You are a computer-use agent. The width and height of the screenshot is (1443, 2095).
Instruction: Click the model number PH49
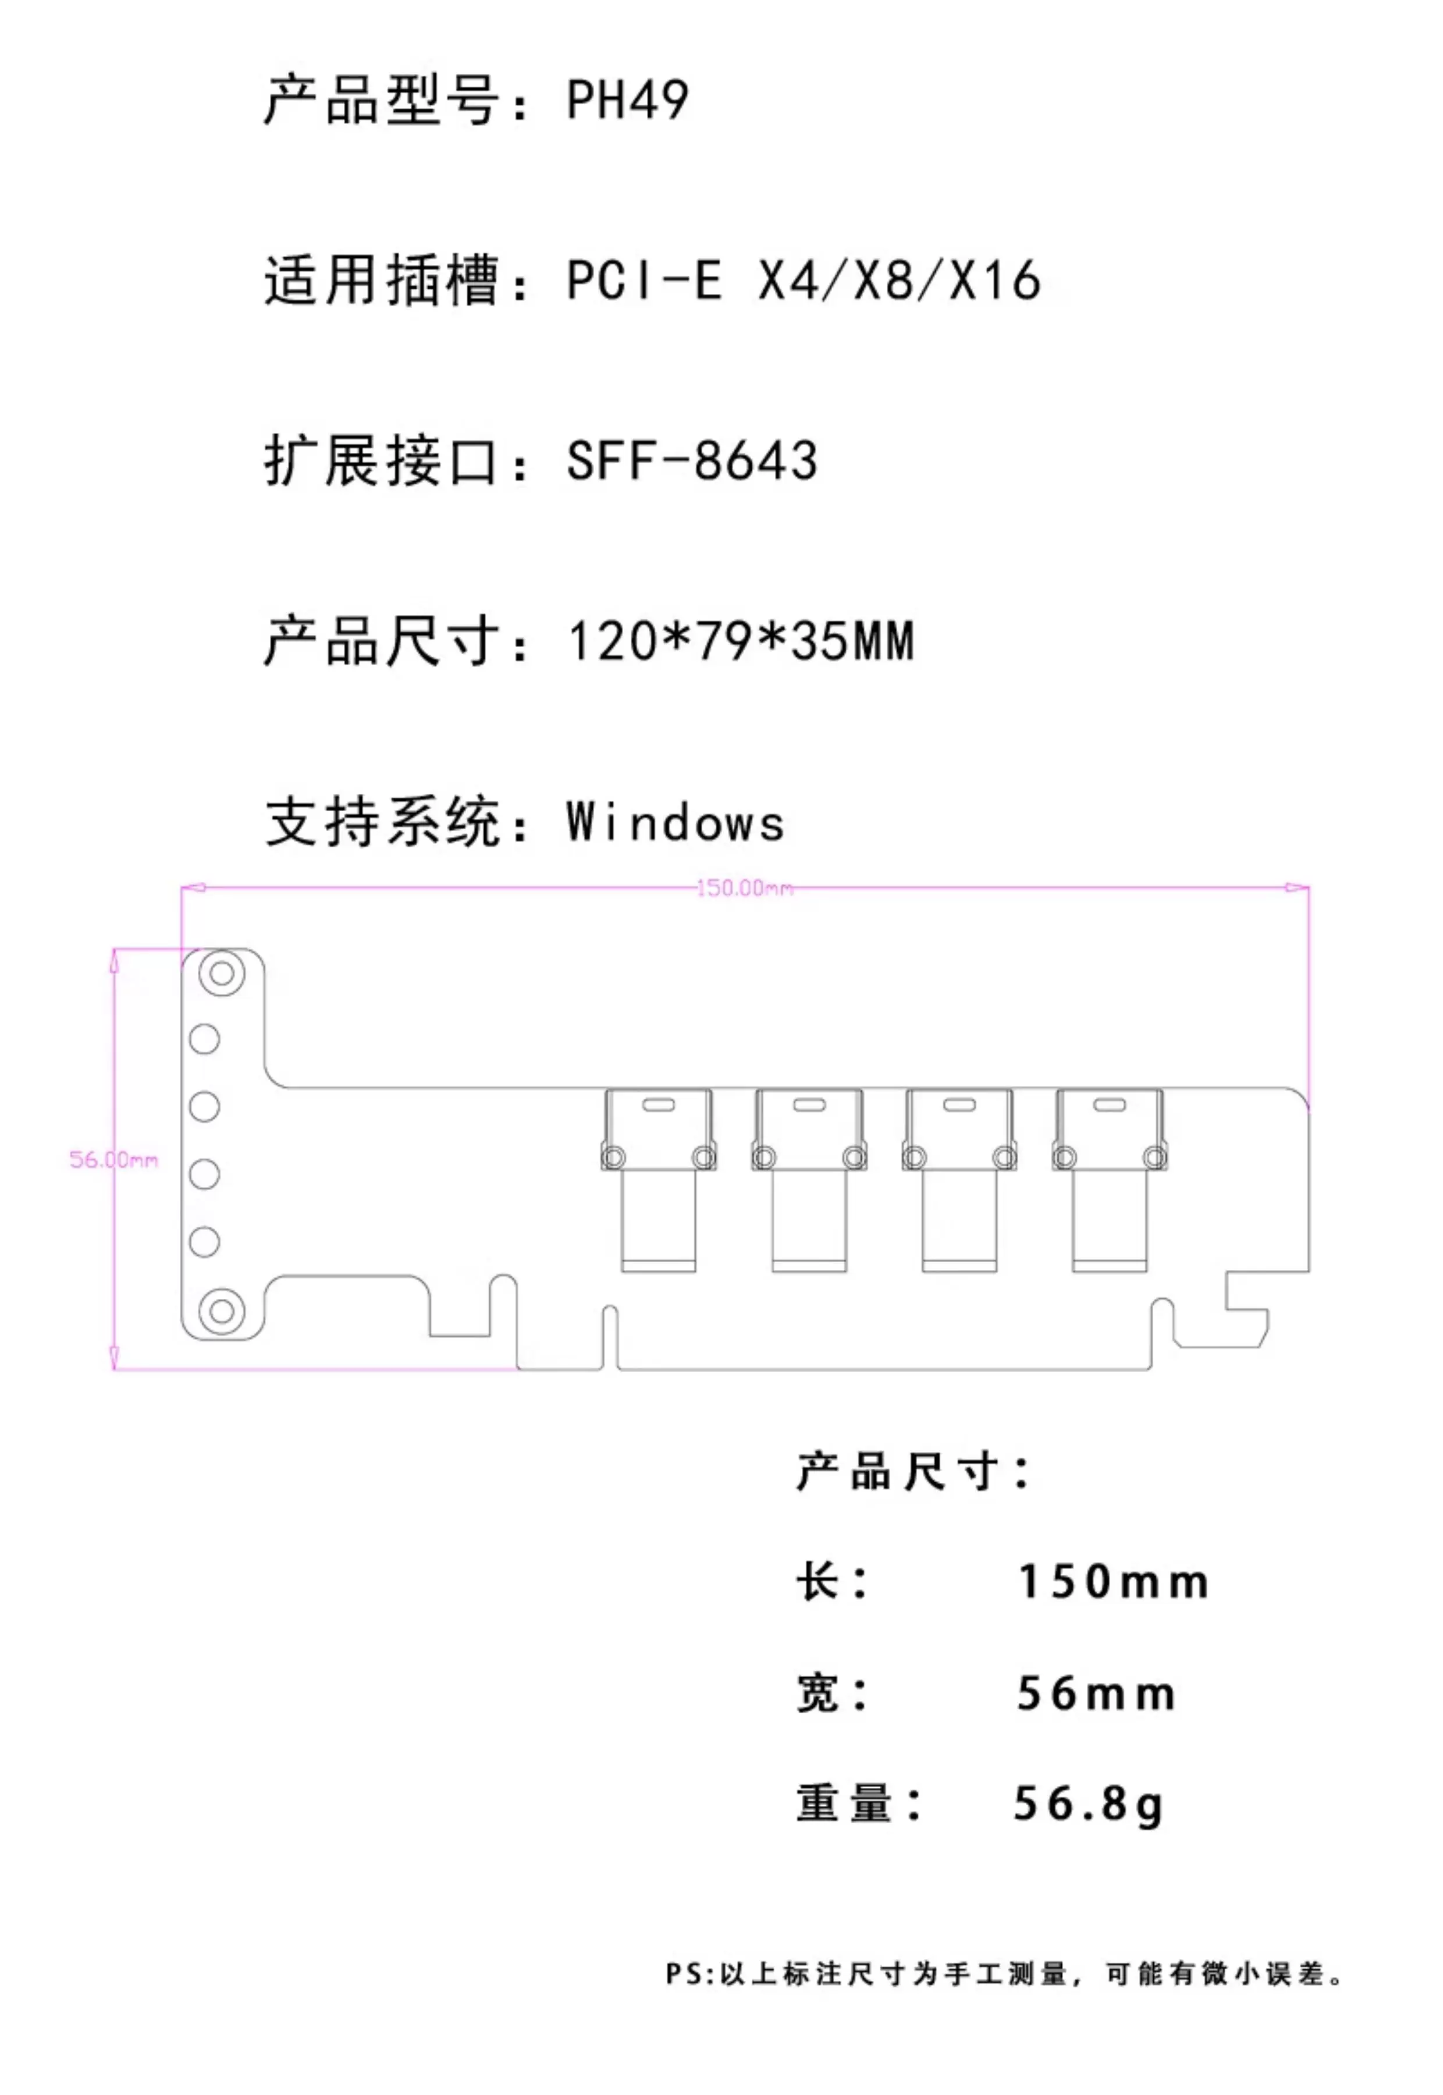point(627,100)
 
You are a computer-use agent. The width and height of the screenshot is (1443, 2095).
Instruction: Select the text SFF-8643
point(692,460)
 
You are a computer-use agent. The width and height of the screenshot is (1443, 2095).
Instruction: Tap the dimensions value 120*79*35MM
point(741,641)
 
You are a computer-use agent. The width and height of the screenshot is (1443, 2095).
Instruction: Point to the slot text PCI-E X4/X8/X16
point(804,280)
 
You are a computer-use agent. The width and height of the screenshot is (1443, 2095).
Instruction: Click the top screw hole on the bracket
point(222,974)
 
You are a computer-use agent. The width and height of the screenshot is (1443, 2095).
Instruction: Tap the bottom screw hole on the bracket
point(222,1310)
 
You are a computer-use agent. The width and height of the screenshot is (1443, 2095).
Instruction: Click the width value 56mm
point(1096,1693)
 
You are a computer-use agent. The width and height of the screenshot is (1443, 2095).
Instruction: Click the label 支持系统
point(382,823)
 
